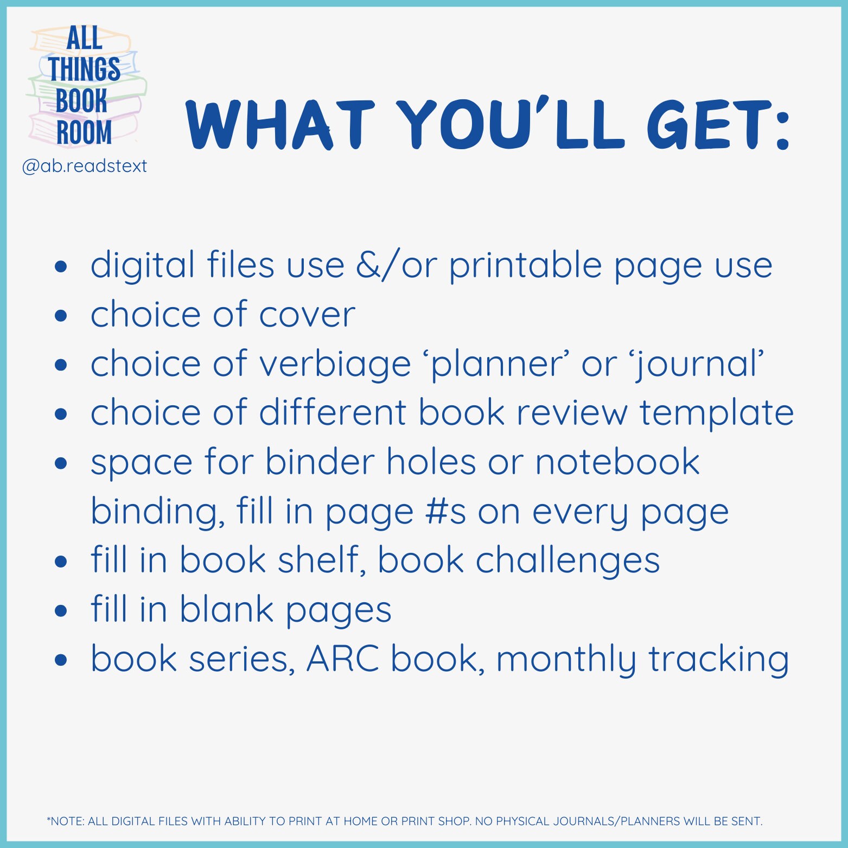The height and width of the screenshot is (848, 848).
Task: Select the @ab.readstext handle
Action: (x=84, y=166)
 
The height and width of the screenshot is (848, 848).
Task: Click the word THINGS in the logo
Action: (x=84, y=69)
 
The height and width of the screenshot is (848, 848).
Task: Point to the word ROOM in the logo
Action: (x=84, y=132)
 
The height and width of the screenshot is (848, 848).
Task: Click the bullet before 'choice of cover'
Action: (x=61, y=315)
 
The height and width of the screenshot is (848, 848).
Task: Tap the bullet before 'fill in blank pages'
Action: (x=61, y=610)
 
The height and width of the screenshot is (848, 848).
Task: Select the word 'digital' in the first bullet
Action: (x=143, y=265)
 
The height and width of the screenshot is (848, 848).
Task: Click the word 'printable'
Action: (x=526, y=266)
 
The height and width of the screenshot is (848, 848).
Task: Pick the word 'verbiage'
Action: (x=335, y=365)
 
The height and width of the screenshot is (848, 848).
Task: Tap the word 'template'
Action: (x=716, y=413)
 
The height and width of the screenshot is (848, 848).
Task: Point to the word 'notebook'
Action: (x=617, y=462)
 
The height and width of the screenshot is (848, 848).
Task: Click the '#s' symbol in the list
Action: (x=445, y=512)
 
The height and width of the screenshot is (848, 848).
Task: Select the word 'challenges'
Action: (x=568, y=561)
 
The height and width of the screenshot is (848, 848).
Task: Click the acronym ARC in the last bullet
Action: (x=343, y=659)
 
